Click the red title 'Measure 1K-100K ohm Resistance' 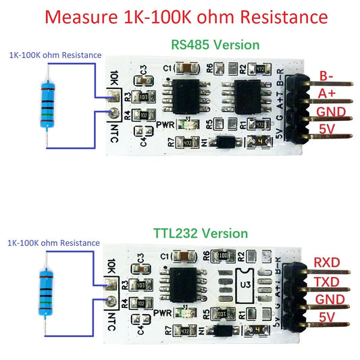(x=180, y=16)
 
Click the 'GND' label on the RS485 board (x=331, y=111)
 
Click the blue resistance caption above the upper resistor (x=55, y=55)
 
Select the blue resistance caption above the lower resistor (x=53, y=242)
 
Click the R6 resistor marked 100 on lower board (x=223, y=256)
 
